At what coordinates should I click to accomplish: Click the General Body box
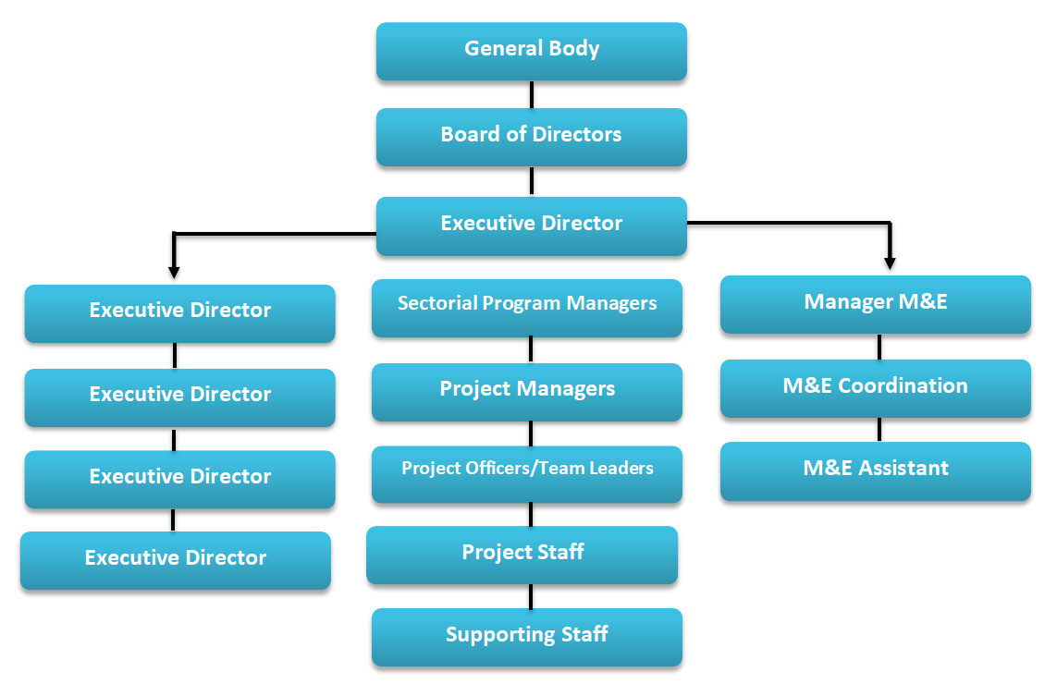coord(531,50)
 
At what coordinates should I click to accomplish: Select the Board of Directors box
coord(531,136)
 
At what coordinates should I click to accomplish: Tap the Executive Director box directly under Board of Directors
coord(531,225)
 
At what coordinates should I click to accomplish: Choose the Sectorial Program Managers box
coord(527,306)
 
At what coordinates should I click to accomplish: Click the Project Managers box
coord(527,391)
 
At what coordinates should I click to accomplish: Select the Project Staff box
coord(522,554)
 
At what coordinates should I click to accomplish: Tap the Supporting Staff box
coord(527,636)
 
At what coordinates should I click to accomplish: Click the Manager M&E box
coord(875,303)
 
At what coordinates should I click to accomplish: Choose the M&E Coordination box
coord(875,387)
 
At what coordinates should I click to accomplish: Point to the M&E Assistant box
coord(875,470)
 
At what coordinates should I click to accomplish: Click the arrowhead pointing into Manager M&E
coord(890,262)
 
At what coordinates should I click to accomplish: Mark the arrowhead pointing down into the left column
coord(173,271)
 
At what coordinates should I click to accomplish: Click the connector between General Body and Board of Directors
coord(531,94)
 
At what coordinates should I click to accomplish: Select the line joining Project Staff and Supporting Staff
coord(530,596)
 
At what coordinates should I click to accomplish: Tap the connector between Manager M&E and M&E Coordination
coord(879,347)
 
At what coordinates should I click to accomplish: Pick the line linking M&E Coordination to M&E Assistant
coord(879,429)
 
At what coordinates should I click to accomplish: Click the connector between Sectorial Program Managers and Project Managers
coord(530,349)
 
